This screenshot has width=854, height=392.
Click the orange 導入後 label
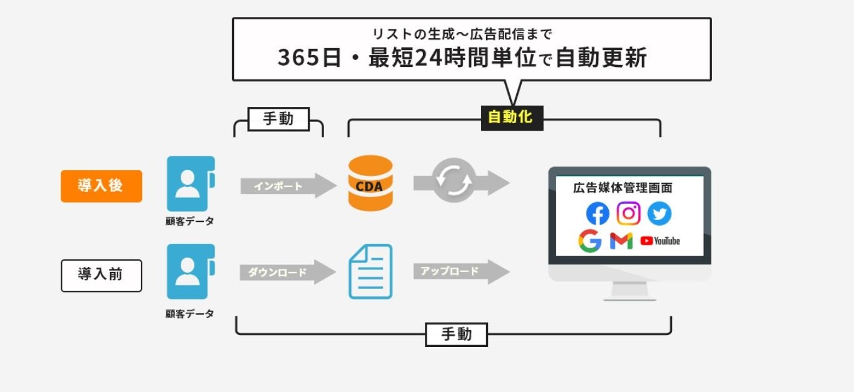(101, 186)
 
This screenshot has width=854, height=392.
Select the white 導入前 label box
(101, 275)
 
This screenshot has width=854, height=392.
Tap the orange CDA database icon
(370, 183)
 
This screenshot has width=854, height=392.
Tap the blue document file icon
(370, 271)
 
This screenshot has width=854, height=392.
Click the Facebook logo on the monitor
(597, 214)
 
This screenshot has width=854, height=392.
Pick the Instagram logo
(628, 214)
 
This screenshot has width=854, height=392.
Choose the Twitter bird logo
(659, 214)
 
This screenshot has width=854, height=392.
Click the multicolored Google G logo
(589, 241)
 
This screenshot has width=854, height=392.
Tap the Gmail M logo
(621, 241)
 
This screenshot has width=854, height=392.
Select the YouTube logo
(660, 241)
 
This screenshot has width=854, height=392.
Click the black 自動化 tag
(511, 117)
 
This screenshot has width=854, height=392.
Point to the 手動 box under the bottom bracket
(456, 334)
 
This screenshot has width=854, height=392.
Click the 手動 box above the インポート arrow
(278, 119)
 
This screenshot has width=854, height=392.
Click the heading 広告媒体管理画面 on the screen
(623, 188)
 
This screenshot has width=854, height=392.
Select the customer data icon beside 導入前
(190, 271)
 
